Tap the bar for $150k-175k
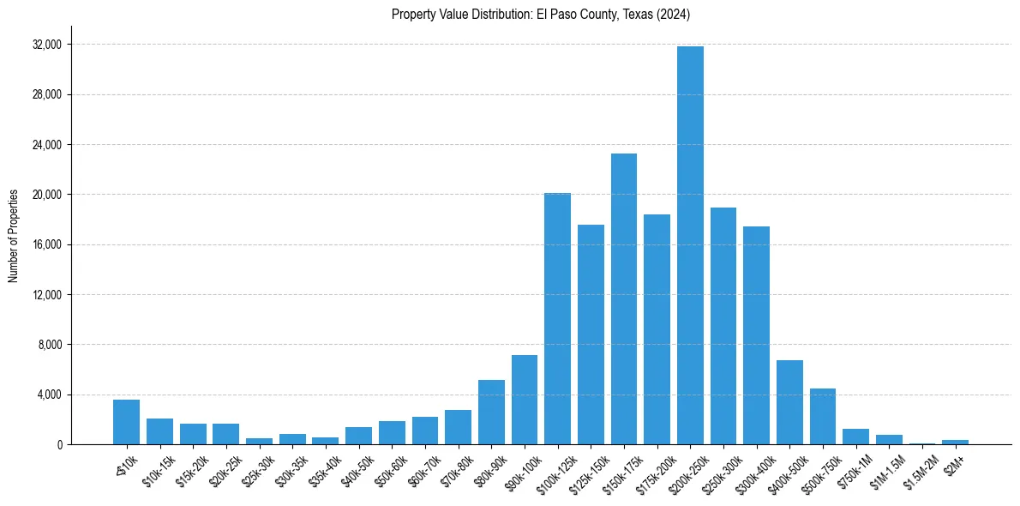624,299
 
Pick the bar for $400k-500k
789,402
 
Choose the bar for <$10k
126,422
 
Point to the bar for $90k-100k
525,400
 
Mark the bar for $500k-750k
823,417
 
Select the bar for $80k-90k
491,413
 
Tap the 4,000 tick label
51,395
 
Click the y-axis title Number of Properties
13,236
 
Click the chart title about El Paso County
540,14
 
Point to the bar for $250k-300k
723,326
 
